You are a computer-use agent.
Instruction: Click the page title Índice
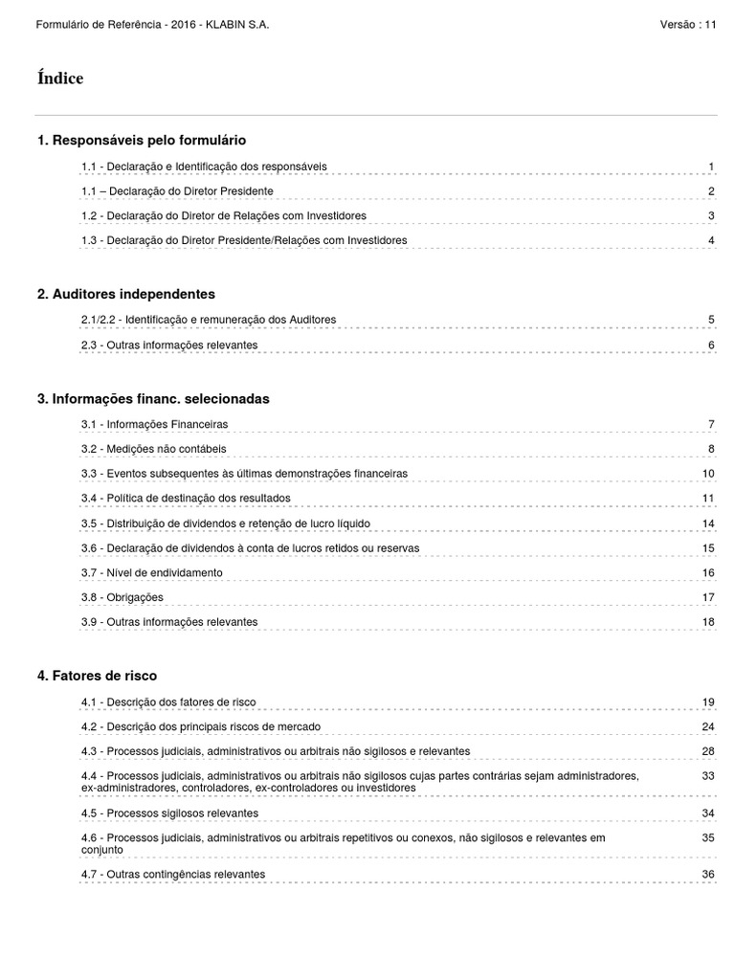point(60,78)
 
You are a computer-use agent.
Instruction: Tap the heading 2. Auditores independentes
point(125,294)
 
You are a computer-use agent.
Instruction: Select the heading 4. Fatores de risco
point(97,676)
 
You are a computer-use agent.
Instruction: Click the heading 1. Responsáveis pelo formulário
point(141,141)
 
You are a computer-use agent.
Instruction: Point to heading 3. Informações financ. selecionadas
point(153,398)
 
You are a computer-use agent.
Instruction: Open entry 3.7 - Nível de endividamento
point(151,572)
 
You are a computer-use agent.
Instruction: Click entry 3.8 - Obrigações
point(122,597)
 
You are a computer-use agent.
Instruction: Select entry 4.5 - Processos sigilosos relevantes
point(169,813)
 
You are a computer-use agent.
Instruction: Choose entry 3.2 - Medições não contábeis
point(153,448)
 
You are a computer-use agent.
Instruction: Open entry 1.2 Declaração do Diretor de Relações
point(223,215)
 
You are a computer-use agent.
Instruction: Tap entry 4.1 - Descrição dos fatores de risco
point(168,702)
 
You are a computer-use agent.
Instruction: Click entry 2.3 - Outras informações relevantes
point(169,345)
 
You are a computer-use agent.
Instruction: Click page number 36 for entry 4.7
point(708,874)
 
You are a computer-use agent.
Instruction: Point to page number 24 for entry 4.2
point(708,726)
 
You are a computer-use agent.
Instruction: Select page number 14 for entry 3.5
point(708,523)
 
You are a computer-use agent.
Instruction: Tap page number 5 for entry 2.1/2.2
point(711,319)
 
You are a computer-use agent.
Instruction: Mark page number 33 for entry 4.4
point(708,774)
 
